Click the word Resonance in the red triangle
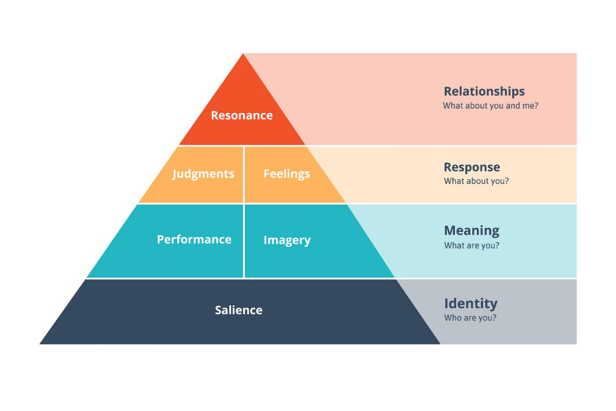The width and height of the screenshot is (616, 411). (242, 115)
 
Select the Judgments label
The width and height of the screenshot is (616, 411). (203, 174)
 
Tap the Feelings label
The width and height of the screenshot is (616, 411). (286, 174)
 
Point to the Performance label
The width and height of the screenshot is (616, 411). (194, 239)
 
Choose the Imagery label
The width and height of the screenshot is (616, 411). (287, 240)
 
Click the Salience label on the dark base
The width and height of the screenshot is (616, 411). (238, 310)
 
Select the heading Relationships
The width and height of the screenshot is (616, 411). (484, 91)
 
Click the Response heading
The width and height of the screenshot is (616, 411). (472, 167)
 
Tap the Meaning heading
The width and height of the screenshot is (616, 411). (471, 230)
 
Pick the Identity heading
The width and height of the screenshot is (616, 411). (471, 303)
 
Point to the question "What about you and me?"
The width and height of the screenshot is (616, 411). (490, 106)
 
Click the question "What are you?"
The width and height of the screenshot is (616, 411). (471, 246)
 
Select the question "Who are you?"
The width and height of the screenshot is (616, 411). (470, 318)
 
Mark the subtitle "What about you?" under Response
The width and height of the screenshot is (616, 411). (476, 181)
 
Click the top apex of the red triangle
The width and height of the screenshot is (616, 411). (243, 55)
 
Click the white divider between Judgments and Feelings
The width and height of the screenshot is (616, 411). (244, 174)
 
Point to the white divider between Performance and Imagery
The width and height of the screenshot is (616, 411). (244, 241)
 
